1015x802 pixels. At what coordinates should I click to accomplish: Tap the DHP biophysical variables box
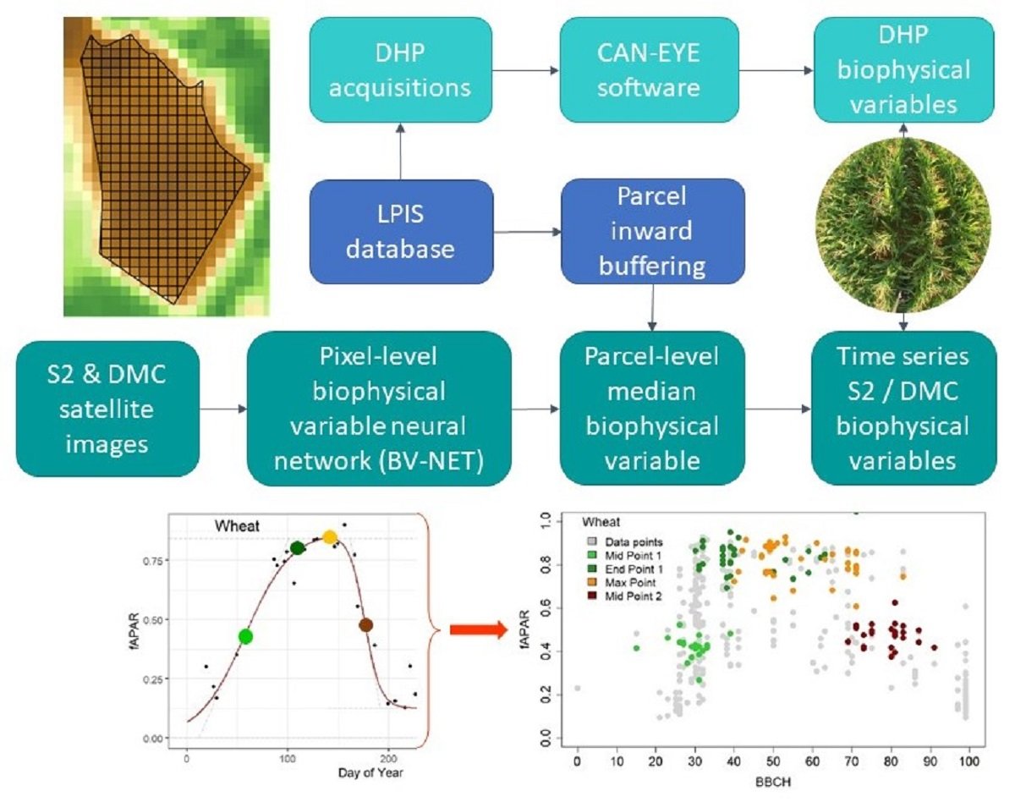point(903,69)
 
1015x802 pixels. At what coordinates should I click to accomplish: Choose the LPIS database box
point(401,230)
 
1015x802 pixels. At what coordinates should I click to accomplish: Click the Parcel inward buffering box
point(652,230)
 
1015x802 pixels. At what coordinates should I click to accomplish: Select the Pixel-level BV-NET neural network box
point(379,408)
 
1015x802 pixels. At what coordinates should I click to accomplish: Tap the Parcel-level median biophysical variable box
point(652,408)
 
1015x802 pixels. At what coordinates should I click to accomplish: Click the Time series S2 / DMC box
point(903,408)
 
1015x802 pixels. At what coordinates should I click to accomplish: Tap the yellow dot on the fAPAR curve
point(330,537)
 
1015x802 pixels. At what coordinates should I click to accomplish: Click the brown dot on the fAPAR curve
point(365,625)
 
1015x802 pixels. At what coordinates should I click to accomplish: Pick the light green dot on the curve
point(246,635)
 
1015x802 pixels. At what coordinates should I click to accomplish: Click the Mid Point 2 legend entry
point(630,597)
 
